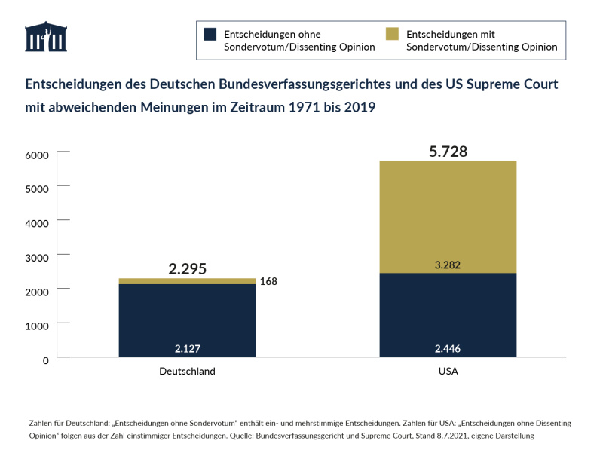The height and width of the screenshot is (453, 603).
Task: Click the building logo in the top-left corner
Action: pyautogui.click(x=46, y=37)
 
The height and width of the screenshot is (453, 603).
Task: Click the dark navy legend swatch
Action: pyautogui.click(x=210, y=34)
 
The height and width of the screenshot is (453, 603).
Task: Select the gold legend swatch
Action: pyautogui.click(x=392, y=34)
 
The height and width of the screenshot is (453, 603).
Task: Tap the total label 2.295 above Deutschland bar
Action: pyautogui.click(x=187, y=269)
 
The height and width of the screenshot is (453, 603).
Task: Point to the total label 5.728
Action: pyautogui.click(x=448, y=152)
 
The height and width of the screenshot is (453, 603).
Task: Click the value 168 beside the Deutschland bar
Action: pyautogui.click(x=269, y=282)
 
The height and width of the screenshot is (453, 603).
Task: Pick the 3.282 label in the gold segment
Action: pyautogui.click(x=448, y=265)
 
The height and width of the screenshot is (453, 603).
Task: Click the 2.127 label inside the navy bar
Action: pyautogui.click(x=187, y=348)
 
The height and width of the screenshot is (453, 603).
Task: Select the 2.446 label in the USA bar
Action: pyautogui.click(x=448, y=348)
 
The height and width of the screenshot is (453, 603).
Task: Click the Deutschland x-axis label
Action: pyautogui.click(x=187, y=372)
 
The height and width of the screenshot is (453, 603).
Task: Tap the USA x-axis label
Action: pyautogui.click(x=448, y=372)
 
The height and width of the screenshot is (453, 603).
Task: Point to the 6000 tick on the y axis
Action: pyautogui.click(x=38, y=155)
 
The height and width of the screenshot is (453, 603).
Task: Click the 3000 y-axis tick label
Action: pyautogui.click(x=38, y=257)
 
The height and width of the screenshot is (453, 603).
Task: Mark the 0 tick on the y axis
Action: pyautogui.click(x=45, y=360)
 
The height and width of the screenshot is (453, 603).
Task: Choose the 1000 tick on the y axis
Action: pyautogui.click(x=38, y=326)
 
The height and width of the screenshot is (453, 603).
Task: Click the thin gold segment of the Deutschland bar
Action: pyautogui.click(x=187, y=281)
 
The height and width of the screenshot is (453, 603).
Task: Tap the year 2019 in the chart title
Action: pyautogui.click(x=359, y=107)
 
